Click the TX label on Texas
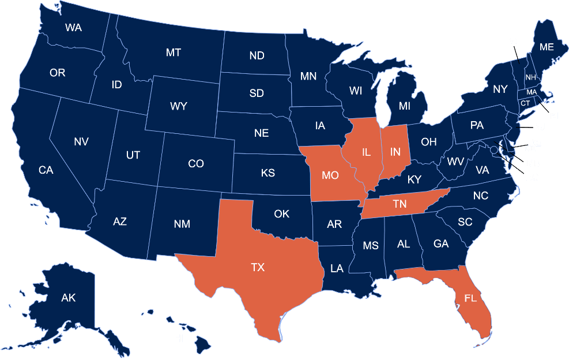coord(258,268)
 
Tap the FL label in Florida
coord(470,299)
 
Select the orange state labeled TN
coord(400,203)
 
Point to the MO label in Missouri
coord(330,175)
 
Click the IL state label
coord(366,152)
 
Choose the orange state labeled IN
coord(395,152)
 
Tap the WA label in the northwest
coord(73,27)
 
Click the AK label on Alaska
coord(69,298)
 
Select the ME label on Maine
coord(547,47)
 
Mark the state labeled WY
coord(178,106)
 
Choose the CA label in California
coord(46,170)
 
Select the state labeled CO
coord(196,164)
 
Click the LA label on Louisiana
coord(337,268)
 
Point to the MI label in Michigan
coord(404,106)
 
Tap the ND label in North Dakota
coord(257,56)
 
